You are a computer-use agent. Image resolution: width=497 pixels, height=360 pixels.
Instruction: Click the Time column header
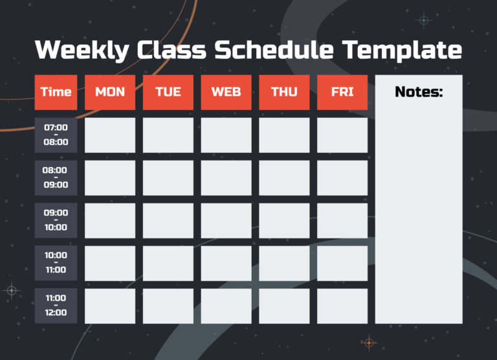tap(56, 92)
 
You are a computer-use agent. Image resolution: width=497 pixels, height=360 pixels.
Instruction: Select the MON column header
tap(110, 92)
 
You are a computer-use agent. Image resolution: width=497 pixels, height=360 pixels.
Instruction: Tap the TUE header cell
tap(168, 92)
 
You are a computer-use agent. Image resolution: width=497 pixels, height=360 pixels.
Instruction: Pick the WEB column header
tap(226, 92)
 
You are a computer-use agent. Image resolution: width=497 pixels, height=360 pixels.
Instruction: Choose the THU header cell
tap(284, 92)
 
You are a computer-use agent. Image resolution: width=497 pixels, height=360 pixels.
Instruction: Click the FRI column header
tap(342, 92)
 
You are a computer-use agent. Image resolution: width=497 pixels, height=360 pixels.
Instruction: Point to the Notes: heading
tap(419, 92)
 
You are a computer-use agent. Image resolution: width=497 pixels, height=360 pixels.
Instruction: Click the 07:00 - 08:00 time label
tap(56, 135)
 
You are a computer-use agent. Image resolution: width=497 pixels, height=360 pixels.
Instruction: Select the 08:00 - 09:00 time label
tap(56, 177)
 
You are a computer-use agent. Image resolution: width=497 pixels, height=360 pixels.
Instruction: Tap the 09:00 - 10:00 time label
tap(56, 220)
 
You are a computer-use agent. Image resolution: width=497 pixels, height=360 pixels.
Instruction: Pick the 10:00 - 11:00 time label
tap(56, 263)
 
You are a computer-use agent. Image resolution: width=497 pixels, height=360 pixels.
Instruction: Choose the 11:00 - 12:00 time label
tap(56, 306)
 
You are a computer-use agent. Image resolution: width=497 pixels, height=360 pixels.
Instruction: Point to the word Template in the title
tap(401, 51)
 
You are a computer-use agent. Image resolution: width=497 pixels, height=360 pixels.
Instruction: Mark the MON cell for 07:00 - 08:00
tap(110, 135)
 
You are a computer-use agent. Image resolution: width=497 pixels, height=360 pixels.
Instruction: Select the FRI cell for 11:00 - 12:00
tap(342, 306)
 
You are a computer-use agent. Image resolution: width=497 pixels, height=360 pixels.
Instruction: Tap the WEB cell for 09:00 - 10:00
tap(226, 220)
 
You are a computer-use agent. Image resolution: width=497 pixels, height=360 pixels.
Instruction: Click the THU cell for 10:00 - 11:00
tap(284, 263)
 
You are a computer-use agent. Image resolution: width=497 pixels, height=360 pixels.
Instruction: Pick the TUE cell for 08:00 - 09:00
tap(168, 177)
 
